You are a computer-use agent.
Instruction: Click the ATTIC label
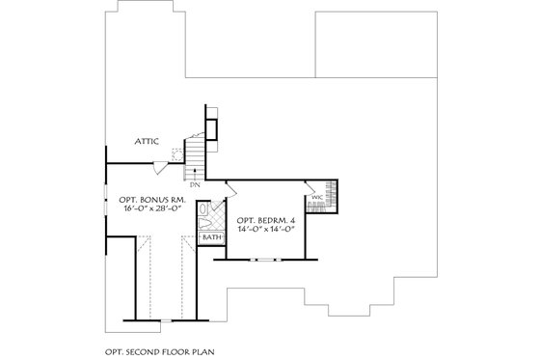(x=147, y=141)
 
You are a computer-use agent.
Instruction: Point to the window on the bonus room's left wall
(x=106, y=188)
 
